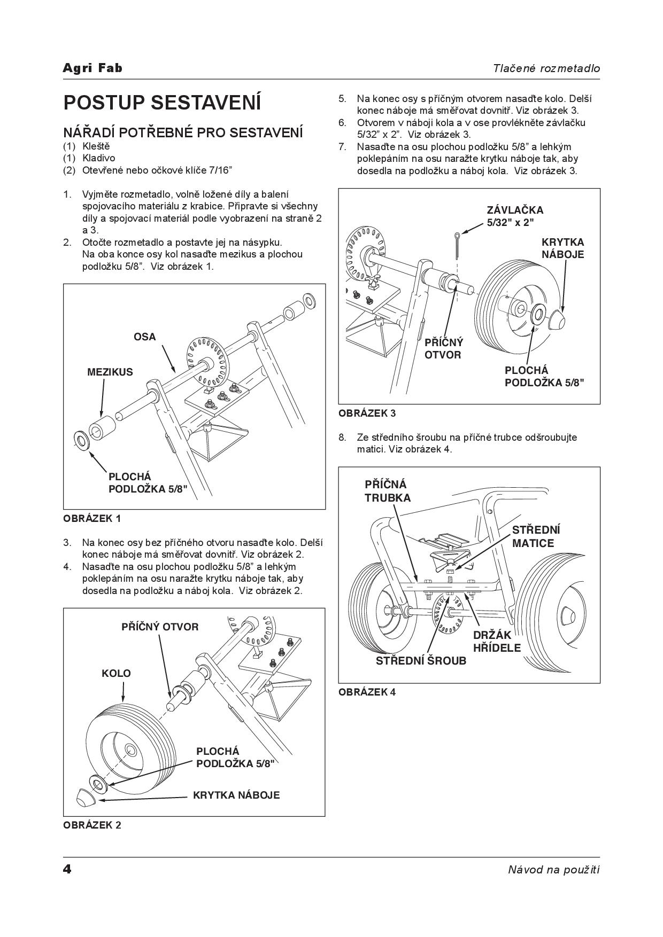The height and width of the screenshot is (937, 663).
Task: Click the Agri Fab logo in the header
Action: [92, 68]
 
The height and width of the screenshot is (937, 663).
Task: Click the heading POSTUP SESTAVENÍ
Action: [162, 102]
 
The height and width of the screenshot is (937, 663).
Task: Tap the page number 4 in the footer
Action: [67, 869]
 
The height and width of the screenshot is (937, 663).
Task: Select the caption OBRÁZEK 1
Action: [92, 518]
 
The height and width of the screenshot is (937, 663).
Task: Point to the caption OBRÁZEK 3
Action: [367, 413]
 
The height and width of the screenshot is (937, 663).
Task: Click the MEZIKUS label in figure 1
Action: [110, 372]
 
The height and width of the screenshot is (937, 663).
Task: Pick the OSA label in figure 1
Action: [144, 337]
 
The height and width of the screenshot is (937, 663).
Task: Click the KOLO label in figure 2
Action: [116, 673]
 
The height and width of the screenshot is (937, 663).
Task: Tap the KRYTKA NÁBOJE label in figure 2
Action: [236, 795]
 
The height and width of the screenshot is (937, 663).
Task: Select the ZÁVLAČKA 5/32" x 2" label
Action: [514, 216]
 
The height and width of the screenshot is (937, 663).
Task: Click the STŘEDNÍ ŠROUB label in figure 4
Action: [421, 661]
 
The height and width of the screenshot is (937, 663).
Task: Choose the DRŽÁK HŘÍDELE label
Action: [497, 641]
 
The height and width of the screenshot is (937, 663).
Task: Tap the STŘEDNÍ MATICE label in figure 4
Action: [536, 536]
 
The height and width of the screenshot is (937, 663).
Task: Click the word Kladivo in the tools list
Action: [98, 158]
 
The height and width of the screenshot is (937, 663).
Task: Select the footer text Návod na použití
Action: [553, 870]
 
